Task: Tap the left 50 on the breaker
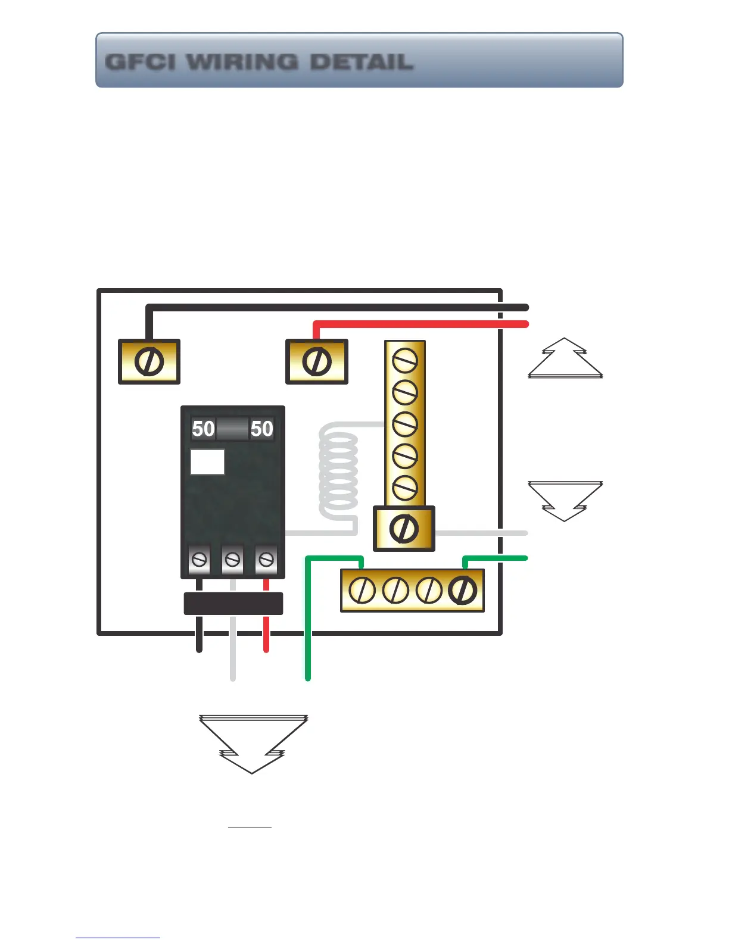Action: [203, 429]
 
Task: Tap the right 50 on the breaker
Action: [261, 429]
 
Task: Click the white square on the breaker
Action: [207, 462]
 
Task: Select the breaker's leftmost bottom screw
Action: [200, 560]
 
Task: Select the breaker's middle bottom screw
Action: [233, 560]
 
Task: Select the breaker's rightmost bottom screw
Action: [266, 560]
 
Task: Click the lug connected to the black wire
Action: [149, 362]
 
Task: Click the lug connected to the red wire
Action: [317, 362]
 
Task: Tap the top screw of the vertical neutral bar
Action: [405, 360]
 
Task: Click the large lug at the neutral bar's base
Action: [404, 529]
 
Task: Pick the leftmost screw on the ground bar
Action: [362, 590]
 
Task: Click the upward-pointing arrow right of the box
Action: [565, 359]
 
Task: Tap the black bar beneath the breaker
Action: [233, 604]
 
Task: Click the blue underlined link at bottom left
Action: [118, 938]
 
